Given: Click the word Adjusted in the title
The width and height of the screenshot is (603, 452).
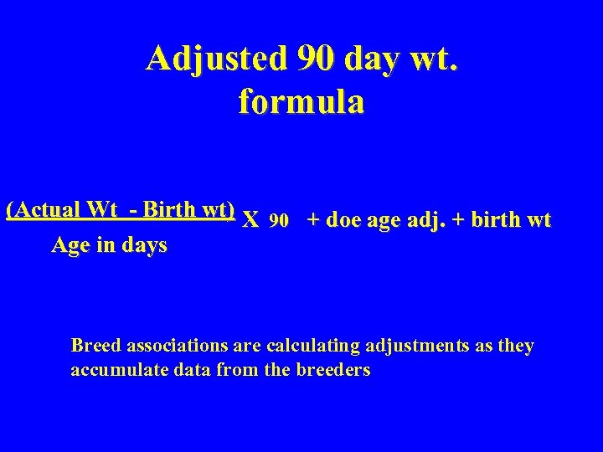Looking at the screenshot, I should point(215,59).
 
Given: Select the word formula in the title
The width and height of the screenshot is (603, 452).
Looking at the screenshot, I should point(301,102).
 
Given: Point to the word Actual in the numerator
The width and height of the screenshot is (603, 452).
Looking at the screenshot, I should point(49,209).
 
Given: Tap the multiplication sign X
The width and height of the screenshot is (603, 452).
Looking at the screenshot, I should point(250,221).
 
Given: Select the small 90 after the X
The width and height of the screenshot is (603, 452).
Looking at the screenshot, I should point(279,221).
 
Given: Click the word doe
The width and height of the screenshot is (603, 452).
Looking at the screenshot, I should point(342,220).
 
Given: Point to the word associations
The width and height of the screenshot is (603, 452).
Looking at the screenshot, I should point(178,346).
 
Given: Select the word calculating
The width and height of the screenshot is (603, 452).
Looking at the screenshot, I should point(313,346).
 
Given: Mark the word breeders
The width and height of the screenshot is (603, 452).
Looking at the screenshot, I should point(333,370).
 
